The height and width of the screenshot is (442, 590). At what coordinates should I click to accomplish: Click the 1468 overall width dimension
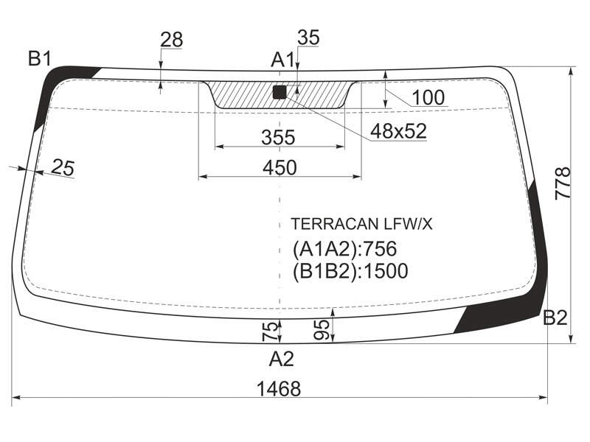tap(279, 389)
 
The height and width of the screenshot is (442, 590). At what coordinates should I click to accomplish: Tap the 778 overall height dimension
tap(563, 183)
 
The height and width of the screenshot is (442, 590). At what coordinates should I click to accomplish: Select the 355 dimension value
tap(279, 137)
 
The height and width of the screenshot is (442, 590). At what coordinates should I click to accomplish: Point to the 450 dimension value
tap(280, 167)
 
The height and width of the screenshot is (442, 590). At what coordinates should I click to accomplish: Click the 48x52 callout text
tap(398, 131)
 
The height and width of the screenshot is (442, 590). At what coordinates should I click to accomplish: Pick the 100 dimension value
tap(428, 97)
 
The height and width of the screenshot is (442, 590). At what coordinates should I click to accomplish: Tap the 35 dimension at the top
tap(308, 38)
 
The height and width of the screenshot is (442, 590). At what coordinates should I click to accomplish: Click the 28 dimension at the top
tap(172, 40)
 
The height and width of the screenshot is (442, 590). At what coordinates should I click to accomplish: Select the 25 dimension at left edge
tap(63, 167)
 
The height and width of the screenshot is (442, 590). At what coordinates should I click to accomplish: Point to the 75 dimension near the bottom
tap(270, 331)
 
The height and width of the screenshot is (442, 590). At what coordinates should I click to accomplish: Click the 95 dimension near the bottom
tap(322, 330)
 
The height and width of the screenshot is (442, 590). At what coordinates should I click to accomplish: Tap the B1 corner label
tap(40, 59)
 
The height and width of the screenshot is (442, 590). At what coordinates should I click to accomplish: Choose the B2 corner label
tap(555, 318)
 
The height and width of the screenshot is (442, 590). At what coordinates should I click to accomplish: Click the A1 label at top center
tap(282, 60)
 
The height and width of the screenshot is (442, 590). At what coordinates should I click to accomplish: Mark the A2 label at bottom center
tap(281, 359)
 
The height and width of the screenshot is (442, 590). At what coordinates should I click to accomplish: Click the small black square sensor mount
tap(280, 92)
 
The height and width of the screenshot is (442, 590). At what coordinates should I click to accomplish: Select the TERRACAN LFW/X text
tap(361, 225)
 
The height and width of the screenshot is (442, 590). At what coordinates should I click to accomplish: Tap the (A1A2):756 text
tap(344, 249)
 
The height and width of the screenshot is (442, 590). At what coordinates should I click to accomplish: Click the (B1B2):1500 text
tap(350, 271)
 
